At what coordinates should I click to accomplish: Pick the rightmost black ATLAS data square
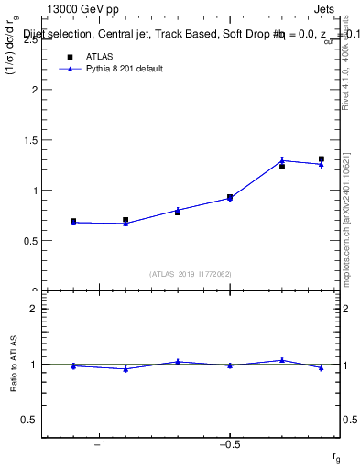click(322, 159)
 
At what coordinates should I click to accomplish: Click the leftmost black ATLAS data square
click(73, 222)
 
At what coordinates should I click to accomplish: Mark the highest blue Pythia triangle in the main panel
click(282, 160)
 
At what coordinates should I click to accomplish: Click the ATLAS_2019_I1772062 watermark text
click(191, 273)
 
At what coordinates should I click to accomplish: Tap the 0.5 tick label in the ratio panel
click(31, 420)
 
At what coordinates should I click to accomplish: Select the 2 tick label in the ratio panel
click(35, 310)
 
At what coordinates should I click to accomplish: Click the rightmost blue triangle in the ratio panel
click(322, 368)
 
